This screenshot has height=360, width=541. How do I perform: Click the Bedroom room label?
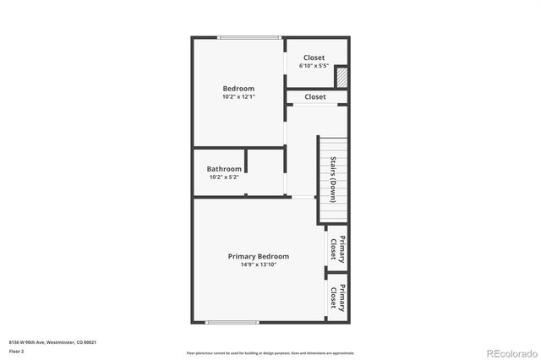238,88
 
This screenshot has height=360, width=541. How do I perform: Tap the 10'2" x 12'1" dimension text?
238,96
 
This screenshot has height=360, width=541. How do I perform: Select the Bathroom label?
224,169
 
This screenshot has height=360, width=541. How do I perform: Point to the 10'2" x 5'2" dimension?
224,177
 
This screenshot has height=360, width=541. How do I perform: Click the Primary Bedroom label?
258,256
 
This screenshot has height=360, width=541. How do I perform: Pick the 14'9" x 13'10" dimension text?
258,265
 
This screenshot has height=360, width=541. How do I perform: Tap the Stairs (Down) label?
333,179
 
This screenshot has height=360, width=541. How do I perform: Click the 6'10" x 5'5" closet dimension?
314,66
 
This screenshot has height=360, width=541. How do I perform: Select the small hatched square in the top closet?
342,78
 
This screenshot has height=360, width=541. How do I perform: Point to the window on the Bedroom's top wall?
249,37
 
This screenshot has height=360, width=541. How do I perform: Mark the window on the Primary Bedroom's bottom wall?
232,322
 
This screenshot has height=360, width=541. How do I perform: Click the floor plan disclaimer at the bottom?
270,352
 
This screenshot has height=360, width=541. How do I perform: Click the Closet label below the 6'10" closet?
315,97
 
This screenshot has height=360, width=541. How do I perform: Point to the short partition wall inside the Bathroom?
246,160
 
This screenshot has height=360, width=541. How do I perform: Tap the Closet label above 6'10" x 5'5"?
314,57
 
